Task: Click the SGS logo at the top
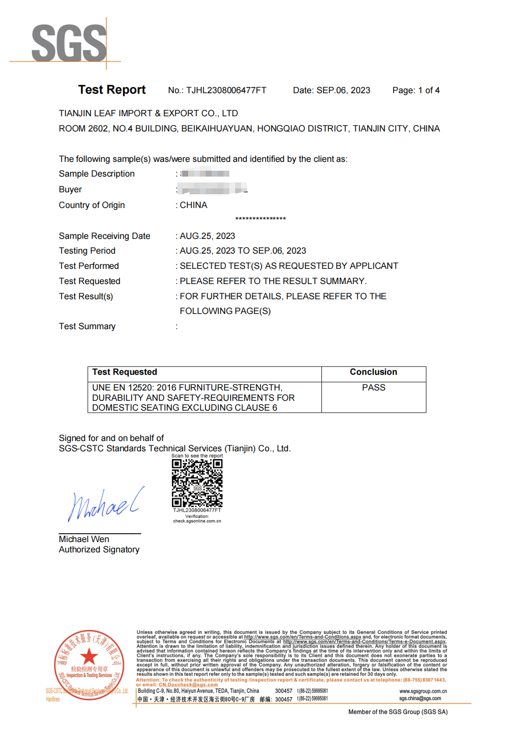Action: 69,43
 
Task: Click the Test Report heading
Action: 112,90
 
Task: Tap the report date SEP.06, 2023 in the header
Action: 343,90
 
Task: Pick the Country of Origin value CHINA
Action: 194,205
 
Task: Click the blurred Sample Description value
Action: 205,173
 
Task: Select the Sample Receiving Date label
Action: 104,236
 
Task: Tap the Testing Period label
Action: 87,251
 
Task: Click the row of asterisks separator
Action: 261,219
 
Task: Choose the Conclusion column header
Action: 373,372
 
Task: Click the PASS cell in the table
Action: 373,388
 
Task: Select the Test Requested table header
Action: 124,372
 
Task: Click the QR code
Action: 197,483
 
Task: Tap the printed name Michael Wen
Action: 84,539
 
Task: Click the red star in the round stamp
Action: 89,656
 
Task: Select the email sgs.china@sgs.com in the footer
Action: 420,698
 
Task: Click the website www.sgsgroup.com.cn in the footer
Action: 423,691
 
